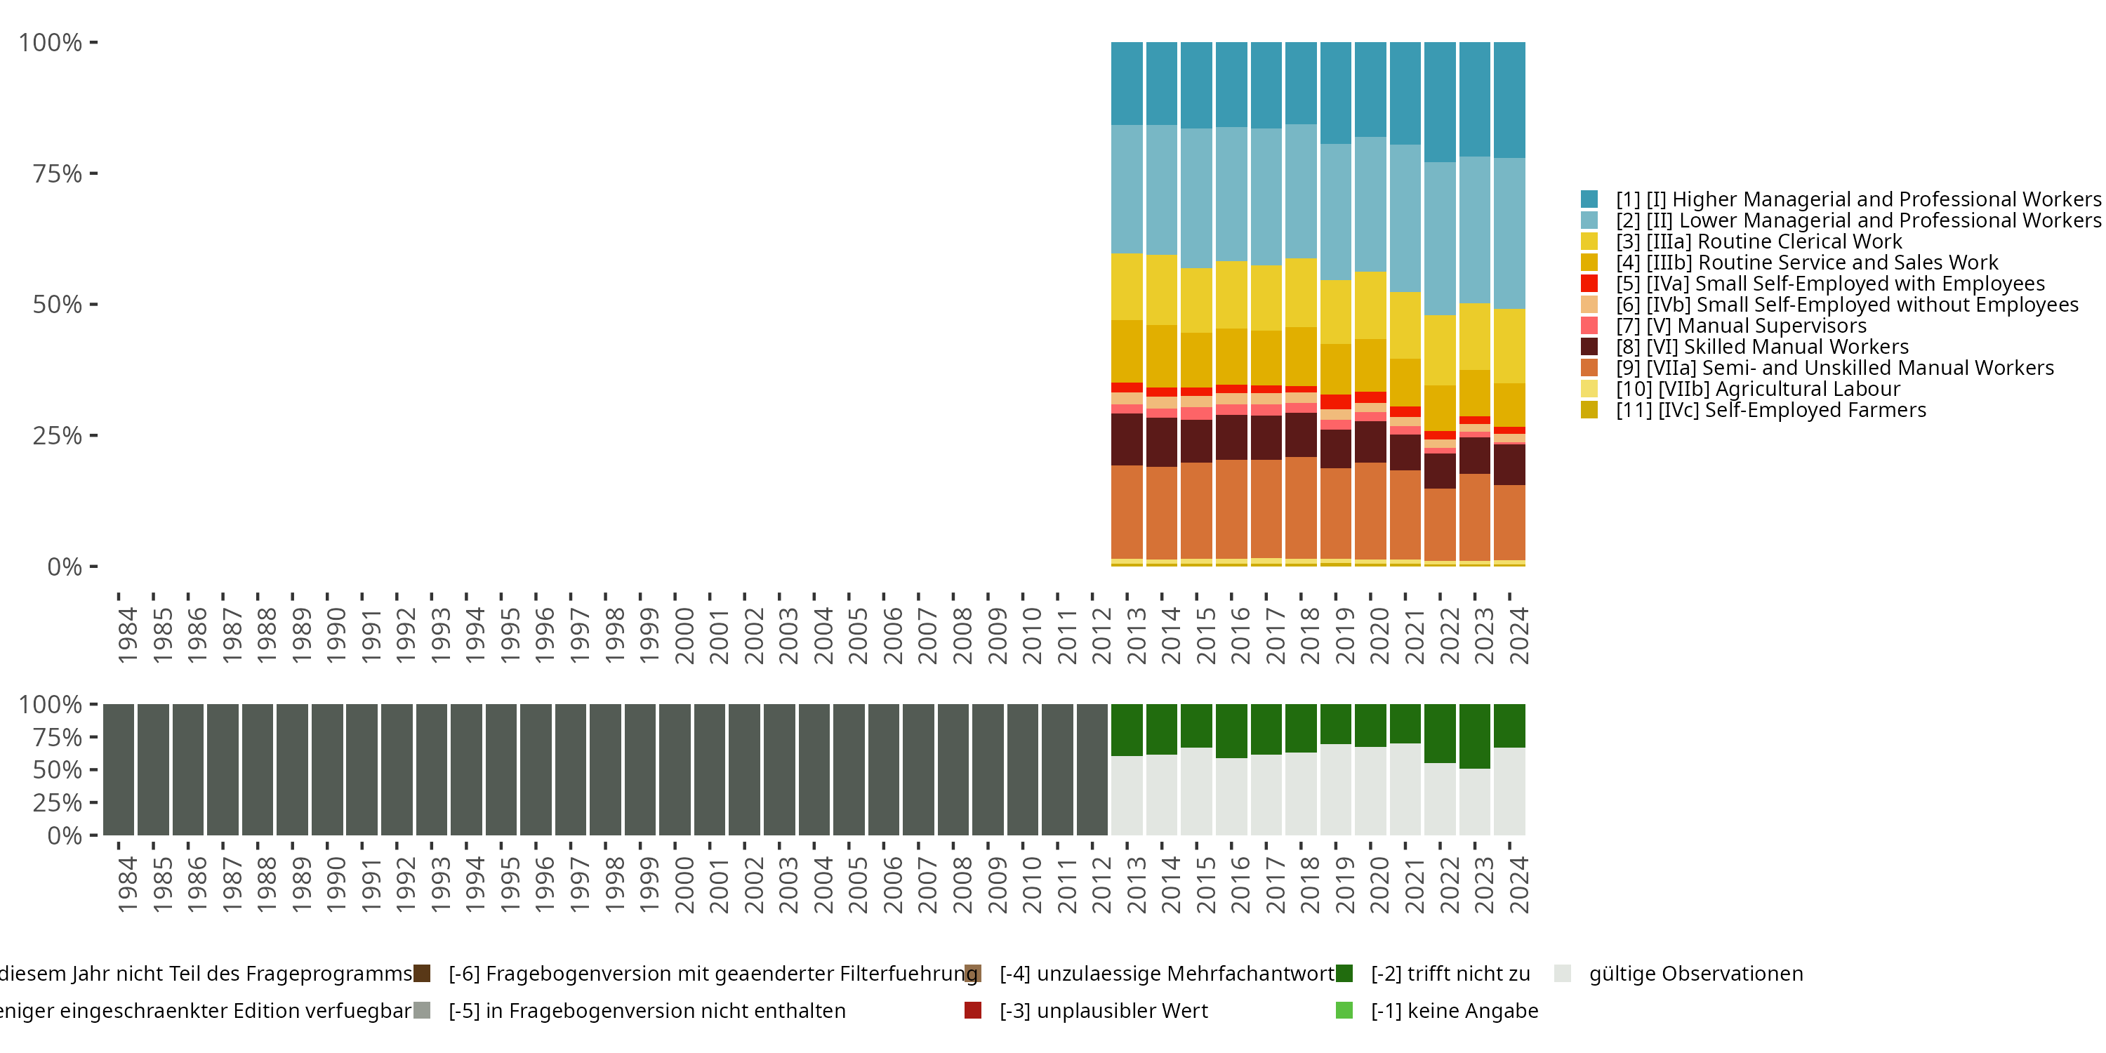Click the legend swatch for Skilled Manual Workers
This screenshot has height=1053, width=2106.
(1589, 347)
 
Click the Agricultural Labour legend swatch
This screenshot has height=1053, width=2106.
(1589, 389)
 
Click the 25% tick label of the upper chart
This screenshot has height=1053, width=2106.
(58, 436)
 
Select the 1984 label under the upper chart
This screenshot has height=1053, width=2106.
(128, 635)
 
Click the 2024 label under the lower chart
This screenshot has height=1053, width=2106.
(1519, 885)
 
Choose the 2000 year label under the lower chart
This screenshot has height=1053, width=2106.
(684, 885)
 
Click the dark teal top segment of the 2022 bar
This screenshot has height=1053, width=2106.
(1440, 102)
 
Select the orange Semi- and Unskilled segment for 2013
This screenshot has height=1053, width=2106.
(1127, 512)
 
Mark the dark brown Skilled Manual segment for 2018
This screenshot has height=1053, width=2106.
(1301, 435)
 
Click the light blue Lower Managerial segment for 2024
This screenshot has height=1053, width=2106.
(1509, 233)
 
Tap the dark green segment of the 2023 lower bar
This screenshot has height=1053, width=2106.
(1474, 736)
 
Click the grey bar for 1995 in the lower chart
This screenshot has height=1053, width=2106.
(501, 769)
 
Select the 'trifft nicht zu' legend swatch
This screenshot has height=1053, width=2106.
(1344, 974)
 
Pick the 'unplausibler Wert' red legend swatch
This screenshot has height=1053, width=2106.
(973, 1010)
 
